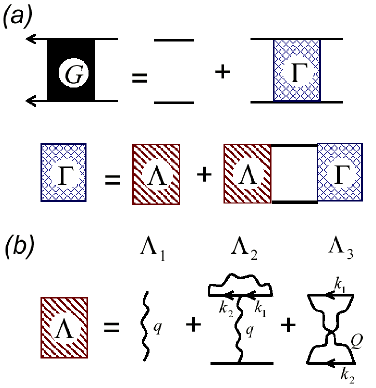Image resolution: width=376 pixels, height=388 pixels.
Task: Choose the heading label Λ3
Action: tap(340, 252)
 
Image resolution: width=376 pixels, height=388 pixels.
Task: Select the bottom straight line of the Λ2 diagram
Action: tap(242, 363)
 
